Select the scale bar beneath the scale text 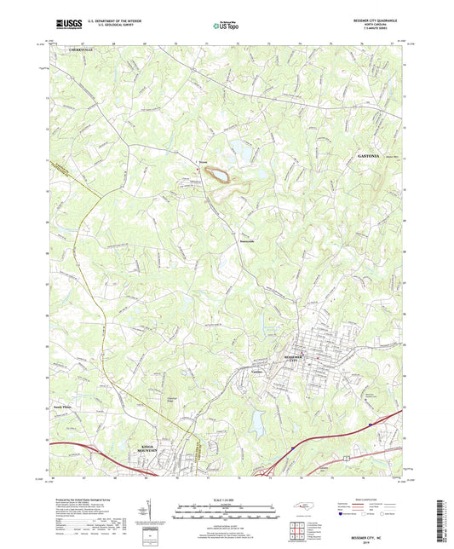pyautogui.click(x=227, y=509)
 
